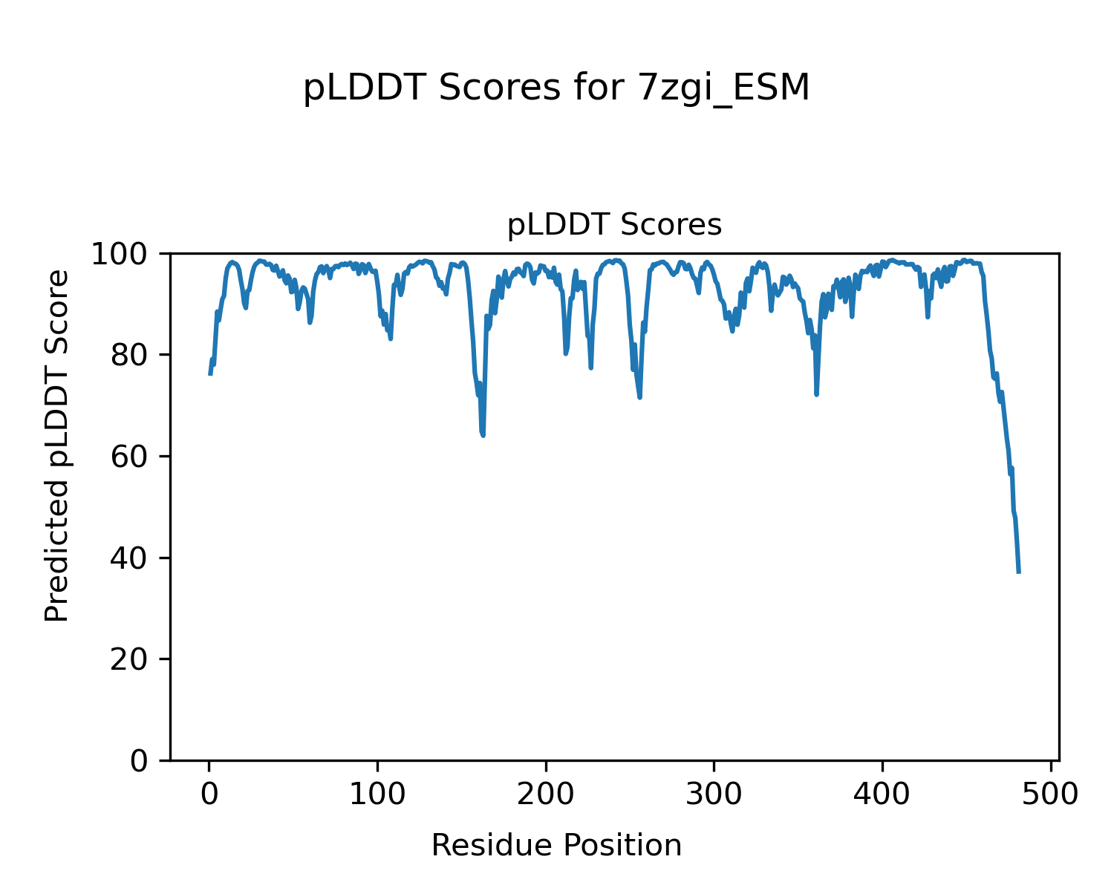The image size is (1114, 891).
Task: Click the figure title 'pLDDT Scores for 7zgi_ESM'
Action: pyautogui.click(x=556, y=88)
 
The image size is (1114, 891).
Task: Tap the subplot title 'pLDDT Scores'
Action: pyautogui.click(x=614, y=225)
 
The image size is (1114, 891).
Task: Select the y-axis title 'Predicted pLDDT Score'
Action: pyautogui.click(x=57, y=446)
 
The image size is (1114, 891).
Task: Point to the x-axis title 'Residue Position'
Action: pyautogui.click(x=556, y=846)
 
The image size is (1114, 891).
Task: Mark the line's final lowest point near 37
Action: pyautogui.click(x=1019, y=572)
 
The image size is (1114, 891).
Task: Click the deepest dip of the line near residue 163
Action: pyautogui.click(x=483, y=435)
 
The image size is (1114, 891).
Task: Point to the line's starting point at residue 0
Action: pyautogui.click(x=210, y=374)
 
